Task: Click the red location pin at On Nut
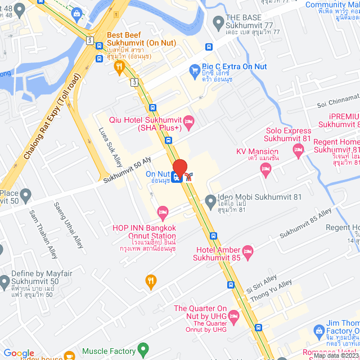pyautogui.click(x=179, y=168)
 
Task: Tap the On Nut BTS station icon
pyautogui.click(x=177, y=178)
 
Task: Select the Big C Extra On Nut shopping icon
pyautogui.click(x=195, y=70)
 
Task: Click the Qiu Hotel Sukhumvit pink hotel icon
pyautogui.click(x=189, y=120)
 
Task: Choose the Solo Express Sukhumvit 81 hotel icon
pyautogui.click(x=298, y=149)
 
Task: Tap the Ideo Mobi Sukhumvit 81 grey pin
pyautogui.click(x=210, y=200)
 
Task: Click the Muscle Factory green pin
pyautogui.click(x=143, y=350)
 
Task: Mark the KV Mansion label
pyautogui.click(x=257, y=152)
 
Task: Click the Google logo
pyautogui.click(x=19, y=353)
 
